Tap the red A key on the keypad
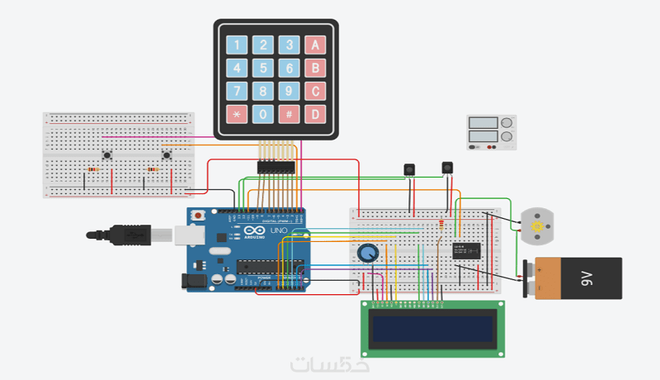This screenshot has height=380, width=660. pos(313,45)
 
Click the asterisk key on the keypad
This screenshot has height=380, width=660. pos(237,113)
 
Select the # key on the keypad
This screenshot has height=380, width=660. pos(288,113)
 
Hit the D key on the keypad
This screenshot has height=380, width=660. pos(313,113)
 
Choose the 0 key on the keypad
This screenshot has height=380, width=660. pos(262,113)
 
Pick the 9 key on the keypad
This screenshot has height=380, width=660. pos(288,90)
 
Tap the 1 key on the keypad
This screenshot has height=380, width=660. pos(237,45)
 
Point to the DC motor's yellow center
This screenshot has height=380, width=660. pos(538,226)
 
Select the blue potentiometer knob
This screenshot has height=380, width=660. pos(368,252)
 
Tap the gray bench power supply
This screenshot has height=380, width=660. pos(492,132)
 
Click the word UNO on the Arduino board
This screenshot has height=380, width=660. pos(279,230)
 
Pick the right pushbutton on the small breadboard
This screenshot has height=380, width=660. pos(167,154)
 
